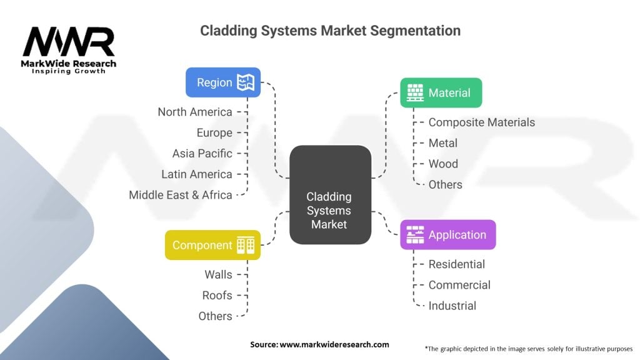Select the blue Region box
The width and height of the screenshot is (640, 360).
click(x=222, y=82)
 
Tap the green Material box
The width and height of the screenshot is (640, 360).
click(x=441, y=93)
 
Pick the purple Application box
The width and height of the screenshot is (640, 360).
click(x=447, y=235)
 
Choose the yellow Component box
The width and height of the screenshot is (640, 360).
click(x=212, y=245)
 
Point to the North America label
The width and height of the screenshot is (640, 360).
click(x=195, y=112)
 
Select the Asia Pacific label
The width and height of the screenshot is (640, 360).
click(x=202, y=153)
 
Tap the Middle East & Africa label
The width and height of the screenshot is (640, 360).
click(x=181, y=195)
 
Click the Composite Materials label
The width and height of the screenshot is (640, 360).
click(x=481, y=122)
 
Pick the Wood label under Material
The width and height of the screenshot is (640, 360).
click(x=443, y=164)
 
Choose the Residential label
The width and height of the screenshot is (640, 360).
click(x=456, y=264)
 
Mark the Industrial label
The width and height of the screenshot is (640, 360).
click(x=452, y=306)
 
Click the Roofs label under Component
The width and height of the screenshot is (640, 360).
click(x=217, y=295)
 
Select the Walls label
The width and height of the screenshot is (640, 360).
click(x=218, y=274)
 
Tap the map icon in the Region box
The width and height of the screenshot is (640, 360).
click(x=245, y=82)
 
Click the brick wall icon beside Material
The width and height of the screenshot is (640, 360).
click(x=415, y=93)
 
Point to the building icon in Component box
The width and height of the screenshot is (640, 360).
click(x=245, y=245)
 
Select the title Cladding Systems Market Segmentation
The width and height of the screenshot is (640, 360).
click(x=330, y=31)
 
